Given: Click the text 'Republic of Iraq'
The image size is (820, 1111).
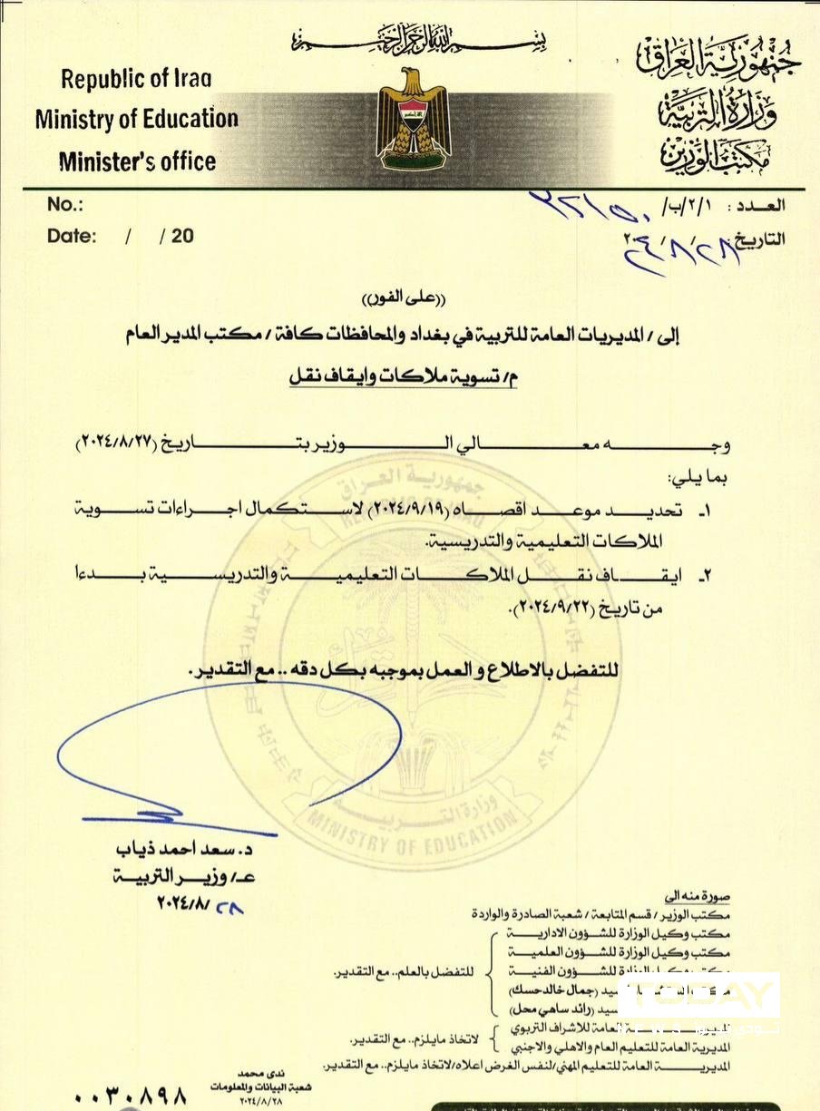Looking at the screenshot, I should click(136, 79).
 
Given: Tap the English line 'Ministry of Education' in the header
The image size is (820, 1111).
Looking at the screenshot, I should click(137, 119).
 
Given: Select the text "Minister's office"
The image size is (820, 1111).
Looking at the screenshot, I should click(137, 162).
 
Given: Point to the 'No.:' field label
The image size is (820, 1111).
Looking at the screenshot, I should click(64, 204).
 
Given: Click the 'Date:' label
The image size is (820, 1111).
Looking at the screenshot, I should click(72, 236).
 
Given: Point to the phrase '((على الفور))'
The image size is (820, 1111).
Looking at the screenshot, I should click(410, 298).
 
